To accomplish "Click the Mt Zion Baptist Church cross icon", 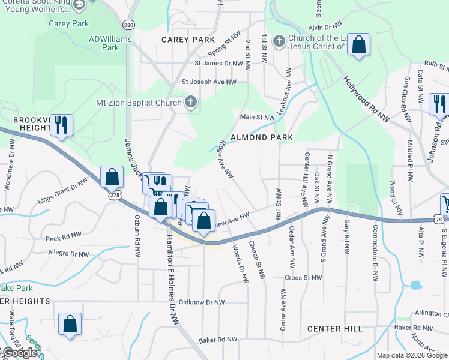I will pyautogui.click(x=191, y=102).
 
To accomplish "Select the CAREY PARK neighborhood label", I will pyautogui.click(x=188, y=40).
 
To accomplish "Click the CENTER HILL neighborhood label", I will pyautogui.click(x=334, y=329).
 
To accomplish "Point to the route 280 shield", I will pyautogui.click(x=128, y=25).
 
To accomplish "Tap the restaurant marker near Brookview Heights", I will pyautogui.click(x=61, y=125).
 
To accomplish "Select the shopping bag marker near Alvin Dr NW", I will pyautogui.click(x=358, y=44).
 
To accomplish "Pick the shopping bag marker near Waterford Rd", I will pyautogui.click(x=70, y=324).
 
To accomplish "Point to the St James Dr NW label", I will pyautogui.click(x=218, y=63).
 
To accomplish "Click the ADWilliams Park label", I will pyautogui.click(x=104, y=43).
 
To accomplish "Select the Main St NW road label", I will pyautogui.click(x=257, y=117).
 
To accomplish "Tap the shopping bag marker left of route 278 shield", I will pyautogui.click(x=112, y=177).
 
